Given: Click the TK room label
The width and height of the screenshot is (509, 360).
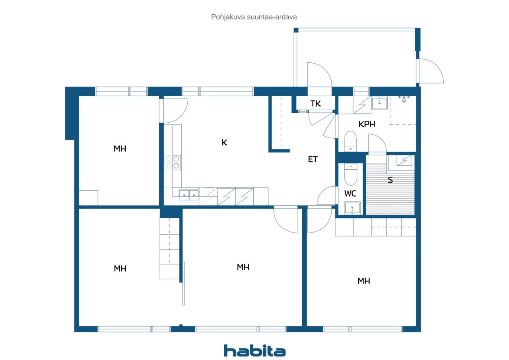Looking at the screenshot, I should pos(316,104).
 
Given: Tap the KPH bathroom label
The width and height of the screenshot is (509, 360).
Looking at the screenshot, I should pos(367,124).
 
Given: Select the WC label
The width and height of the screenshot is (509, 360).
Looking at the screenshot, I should pos(350,194).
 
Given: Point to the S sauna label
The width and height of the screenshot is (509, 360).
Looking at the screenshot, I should pos(390,180).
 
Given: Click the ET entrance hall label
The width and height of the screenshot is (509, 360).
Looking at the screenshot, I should pos(313,159).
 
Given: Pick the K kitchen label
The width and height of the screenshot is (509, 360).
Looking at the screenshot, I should pos(224,142).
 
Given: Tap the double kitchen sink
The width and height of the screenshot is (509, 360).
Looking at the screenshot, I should pos(189,194).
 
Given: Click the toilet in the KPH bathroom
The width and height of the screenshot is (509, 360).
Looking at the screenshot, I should pos(350,141).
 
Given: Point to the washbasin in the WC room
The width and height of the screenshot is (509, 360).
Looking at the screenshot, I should pos(352,207).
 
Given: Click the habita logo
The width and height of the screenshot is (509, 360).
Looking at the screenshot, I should pos(254,351).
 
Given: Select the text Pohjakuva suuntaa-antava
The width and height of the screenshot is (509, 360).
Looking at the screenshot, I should pos(254,17).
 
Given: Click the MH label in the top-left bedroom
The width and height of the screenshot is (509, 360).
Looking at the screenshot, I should pos(120,149).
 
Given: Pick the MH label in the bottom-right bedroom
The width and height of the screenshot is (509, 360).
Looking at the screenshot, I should pos(363,281).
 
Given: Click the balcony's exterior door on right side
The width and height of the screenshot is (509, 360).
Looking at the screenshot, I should pos(430,71).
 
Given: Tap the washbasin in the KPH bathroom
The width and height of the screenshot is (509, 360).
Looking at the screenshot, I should pos(379,103).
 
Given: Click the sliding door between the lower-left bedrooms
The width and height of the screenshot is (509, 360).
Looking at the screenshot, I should pos(183,283).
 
